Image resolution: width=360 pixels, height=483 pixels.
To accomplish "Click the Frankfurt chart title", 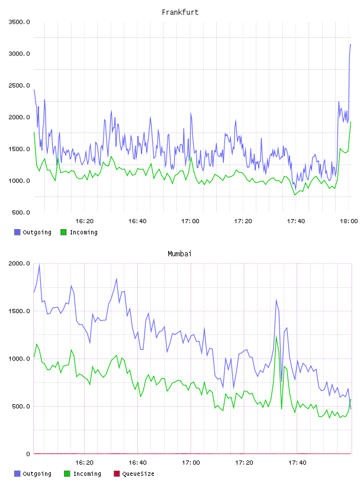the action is (180, 12).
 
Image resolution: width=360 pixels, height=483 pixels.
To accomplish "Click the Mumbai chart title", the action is (179, 254).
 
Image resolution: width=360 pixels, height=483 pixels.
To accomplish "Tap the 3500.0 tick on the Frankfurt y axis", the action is (20, 22).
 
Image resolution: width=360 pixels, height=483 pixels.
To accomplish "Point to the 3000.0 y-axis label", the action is (20, 54).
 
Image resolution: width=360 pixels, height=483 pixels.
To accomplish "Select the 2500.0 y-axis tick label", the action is (20, 86).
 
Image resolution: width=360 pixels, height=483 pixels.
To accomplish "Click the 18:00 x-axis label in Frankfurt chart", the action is (349, 221).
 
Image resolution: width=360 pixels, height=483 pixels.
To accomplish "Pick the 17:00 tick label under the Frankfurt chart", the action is (190, 221).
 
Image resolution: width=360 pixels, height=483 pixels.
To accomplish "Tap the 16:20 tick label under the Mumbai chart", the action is (85, 463).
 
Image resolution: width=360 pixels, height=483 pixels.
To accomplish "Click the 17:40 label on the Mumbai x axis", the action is (297, 463).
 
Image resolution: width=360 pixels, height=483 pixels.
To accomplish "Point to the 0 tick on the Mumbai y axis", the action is (28, 454).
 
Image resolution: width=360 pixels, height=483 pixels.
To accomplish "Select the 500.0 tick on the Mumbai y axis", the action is (21, 407).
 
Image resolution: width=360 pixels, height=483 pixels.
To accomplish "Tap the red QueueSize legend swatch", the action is (117, 474).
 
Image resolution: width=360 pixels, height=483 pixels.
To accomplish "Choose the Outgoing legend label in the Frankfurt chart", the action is (37, 232).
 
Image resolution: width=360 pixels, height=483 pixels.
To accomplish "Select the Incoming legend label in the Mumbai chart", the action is (87, 474).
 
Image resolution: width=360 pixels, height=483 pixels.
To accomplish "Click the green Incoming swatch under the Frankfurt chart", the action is (63, 232).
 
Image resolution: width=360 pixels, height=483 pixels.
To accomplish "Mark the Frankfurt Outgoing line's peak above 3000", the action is (351, 44).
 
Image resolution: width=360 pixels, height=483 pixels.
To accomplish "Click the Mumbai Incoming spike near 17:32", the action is (276, 336).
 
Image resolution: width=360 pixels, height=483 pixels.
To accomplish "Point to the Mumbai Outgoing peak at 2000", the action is (39, 265).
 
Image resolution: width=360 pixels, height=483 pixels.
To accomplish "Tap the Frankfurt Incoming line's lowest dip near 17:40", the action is (295, 195).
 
